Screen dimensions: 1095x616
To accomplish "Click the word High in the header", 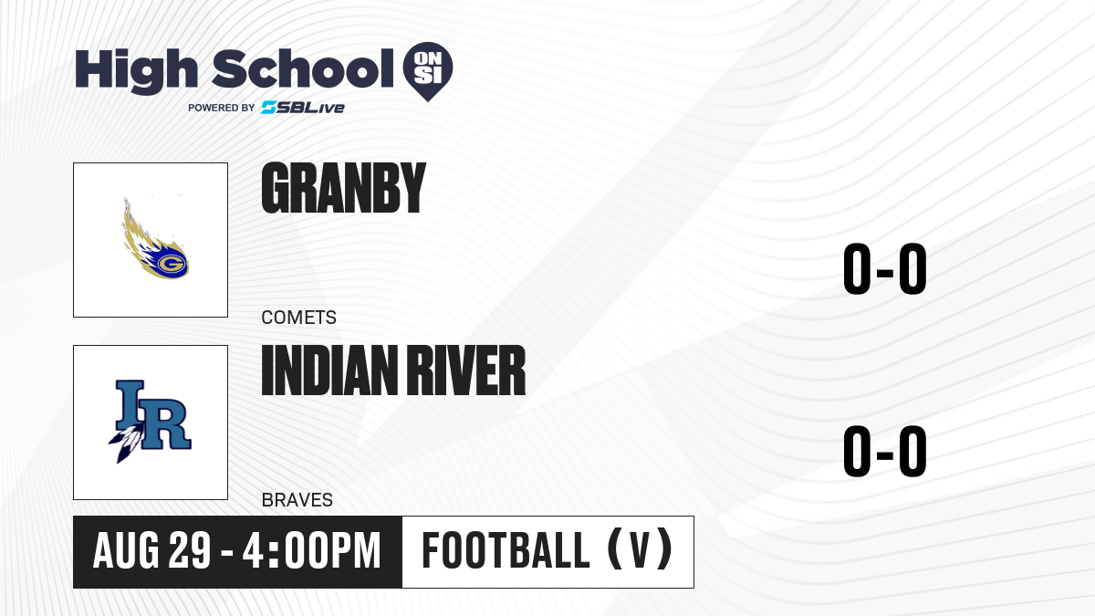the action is tap(137, 71).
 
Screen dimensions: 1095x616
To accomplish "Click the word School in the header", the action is tap(303, 68).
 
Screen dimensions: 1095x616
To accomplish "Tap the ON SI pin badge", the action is tap(428, 71).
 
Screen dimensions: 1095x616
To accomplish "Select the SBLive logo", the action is tap(303, 108).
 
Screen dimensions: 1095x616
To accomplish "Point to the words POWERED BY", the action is tap(222, 108).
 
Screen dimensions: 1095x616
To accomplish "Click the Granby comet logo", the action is tap(155, 238).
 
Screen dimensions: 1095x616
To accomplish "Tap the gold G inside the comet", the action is tap(171, 265).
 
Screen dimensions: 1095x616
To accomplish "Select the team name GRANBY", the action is tap(344, 188).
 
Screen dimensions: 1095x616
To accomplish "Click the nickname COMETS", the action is tap(298, 318).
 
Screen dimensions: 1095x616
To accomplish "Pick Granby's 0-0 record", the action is tap(885, 268).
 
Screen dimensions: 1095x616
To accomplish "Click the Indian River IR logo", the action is tap(150, 422).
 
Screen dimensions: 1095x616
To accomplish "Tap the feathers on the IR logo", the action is tap(127, 443).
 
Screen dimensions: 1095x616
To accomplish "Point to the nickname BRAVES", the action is tap(297, 500).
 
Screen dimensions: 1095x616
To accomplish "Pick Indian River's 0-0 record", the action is tap(885, 451).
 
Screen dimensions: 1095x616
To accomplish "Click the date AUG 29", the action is tap(151, 551).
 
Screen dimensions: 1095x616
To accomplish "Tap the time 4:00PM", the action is tap(311, 551).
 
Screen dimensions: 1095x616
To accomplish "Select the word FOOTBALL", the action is tap(506, 550).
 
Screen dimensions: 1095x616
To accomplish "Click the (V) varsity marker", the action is tap(640, 550).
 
